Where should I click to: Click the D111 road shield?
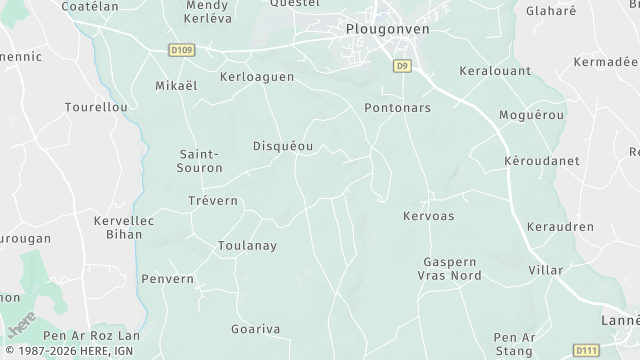[x=585, y=350]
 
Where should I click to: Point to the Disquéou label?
[x=283, y=146]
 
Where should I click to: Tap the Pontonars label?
[x=397, y=107]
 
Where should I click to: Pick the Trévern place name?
[x=213, y=201]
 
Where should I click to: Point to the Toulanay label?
[x=247, y=245]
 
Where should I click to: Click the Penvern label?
[x=167, y=279]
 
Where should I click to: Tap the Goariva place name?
[x=255, y=329]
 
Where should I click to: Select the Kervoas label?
[x=428, y=216]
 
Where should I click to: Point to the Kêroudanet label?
[x=539, y=160]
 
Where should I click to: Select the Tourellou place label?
[x=95, y=106]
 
